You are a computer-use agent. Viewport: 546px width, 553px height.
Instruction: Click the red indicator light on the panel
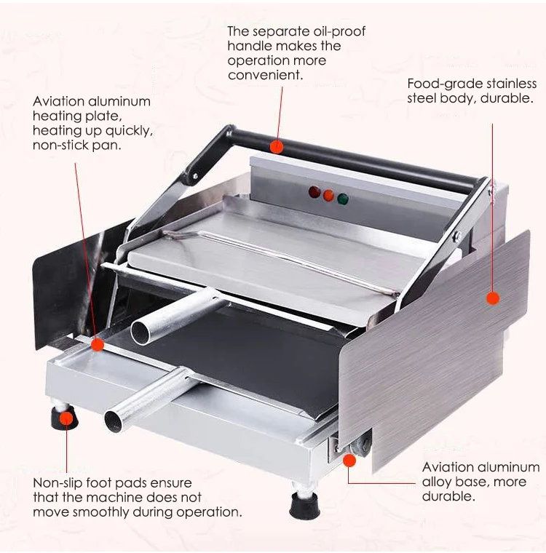314,192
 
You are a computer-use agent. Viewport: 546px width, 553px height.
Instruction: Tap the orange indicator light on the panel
328,195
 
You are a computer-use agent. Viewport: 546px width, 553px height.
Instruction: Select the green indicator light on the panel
342,198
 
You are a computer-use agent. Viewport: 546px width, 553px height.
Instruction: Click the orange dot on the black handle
276,146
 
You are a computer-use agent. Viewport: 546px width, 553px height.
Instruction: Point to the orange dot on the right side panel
493,298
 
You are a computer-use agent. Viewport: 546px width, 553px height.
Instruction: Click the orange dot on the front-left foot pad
66,418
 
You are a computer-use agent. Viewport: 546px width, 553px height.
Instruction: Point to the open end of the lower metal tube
114,420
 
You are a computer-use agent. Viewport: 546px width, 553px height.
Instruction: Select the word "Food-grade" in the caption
443,84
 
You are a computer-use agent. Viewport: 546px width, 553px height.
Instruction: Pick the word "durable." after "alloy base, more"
449,496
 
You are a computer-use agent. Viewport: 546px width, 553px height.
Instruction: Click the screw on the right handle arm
457,235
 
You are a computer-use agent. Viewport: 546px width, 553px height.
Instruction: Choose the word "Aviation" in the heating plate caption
60,101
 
